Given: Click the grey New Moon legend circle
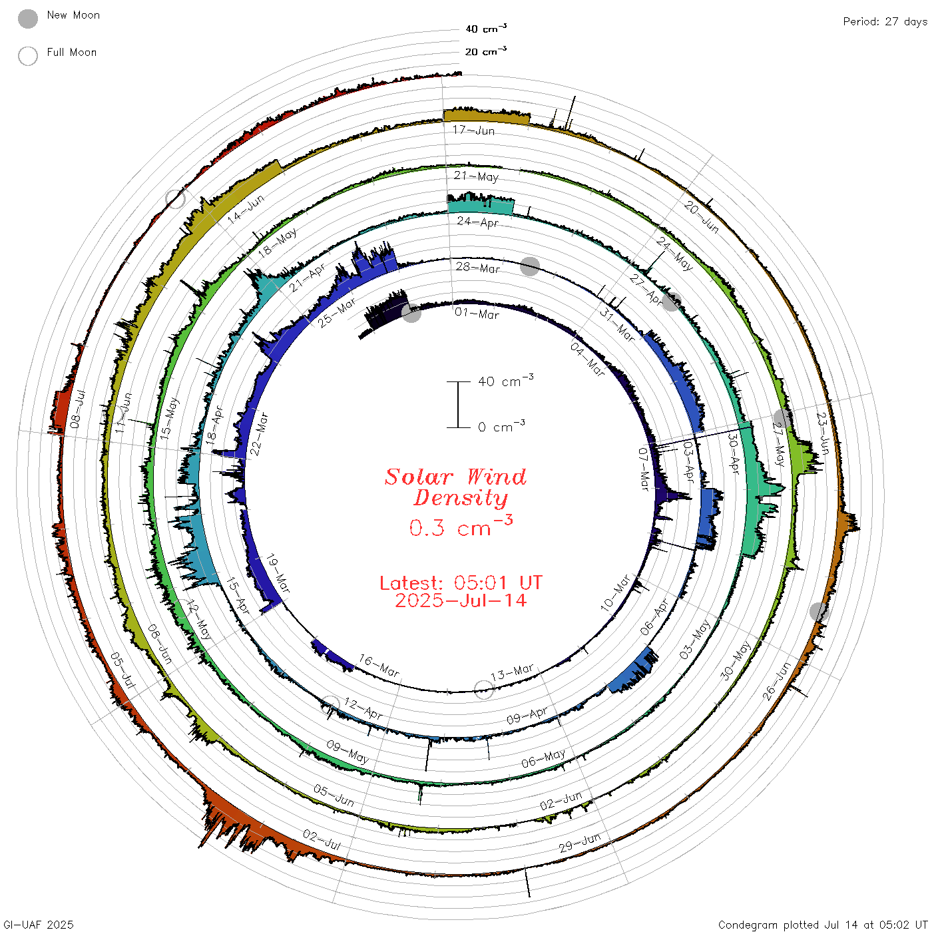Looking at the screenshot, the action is click(x=27, y=19).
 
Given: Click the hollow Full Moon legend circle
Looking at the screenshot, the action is click(x=27, y=56).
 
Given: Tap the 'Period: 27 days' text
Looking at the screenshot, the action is click(x=885, y=22).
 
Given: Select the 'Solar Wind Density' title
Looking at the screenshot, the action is click(x=455, y=487).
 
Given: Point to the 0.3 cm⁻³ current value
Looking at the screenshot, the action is click(x=461, y=526).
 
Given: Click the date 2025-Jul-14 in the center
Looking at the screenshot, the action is click(x=461, y=600).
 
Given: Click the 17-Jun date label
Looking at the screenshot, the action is click(x=473, y=130).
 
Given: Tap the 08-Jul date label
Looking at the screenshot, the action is click(x=77, y=409).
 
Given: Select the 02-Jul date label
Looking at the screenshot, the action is click(x=322, y=840).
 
